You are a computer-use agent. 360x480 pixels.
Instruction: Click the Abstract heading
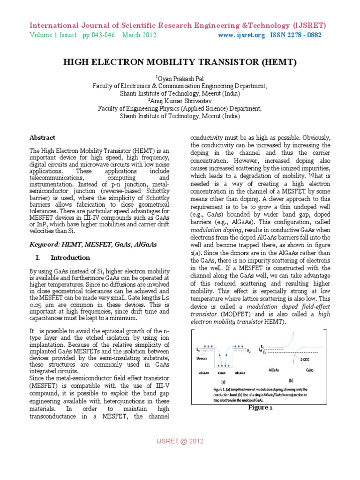(x=42, y=138)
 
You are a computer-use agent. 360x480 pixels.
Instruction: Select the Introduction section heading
(x=70, y=257)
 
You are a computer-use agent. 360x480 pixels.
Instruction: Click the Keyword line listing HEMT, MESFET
(x=93, y=244)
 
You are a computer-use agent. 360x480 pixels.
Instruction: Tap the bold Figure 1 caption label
(x=260, y=407)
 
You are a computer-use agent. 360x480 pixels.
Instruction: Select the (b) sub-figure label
(x=291, y=380)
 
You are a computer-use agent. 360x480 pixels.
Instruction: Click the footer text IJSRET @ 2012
(x=180, y=441)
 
